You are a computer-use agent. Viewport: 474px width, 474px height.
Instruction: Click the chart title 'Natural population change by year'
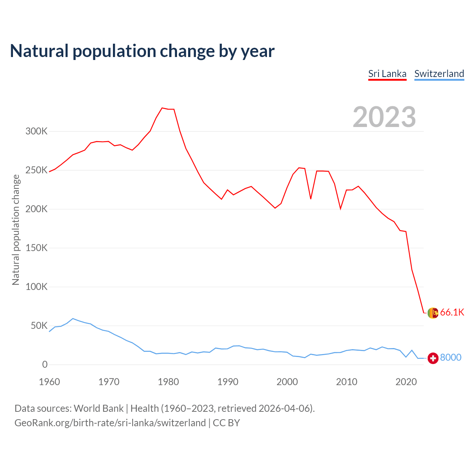142,51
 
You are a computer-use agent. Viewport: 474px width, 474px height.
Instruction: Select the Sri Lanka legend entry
387,74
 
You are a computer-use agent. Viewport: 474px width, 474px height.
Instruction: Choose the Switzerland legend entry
439,74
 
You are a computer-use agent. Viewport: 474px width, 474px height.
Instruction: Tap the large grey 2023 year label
384,117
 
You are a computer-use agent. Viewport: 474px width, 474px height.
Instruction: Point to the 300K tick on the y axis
36,131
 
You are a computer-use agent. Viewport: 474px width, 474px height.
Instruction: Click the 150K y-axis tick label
36,248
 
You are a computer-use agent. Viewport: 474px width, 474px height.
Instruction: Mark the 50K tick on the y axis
39,326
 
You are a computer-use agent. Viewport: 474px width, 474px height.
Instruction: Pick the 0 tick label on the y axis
45,365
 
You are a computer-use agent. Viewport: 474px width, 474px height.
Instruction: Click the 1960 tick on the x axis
49,382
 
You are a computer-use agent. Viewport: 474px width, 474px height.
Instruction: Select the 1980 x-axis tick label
168,382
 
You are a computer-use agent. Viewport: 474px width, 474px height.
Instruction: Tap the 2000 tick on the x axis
287,382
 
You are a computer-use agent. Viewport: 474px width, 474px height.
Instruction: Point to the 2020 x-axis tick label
406,382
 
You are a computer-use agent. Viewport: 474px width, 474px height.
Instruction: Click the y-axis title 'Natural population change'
16,230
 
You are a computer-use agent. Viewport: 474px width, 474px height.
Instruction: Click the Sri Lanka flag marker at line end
433,313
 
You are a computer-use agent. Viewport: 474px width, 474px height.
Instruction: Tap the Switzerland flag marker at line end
433,358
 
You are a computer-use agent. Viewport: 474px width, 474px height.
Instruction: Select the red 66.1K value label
452,313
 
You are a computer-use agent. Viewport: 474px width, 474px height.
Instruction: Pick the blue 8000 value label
451,358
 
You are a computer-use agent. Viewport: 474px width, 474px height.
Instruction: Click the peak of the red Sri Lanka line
162,108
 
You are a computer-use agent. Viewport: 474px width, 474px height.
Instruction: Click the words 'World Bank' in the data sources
99,408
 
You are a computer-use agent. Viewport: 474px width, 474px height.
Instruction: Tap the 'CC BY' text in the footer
226,423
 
